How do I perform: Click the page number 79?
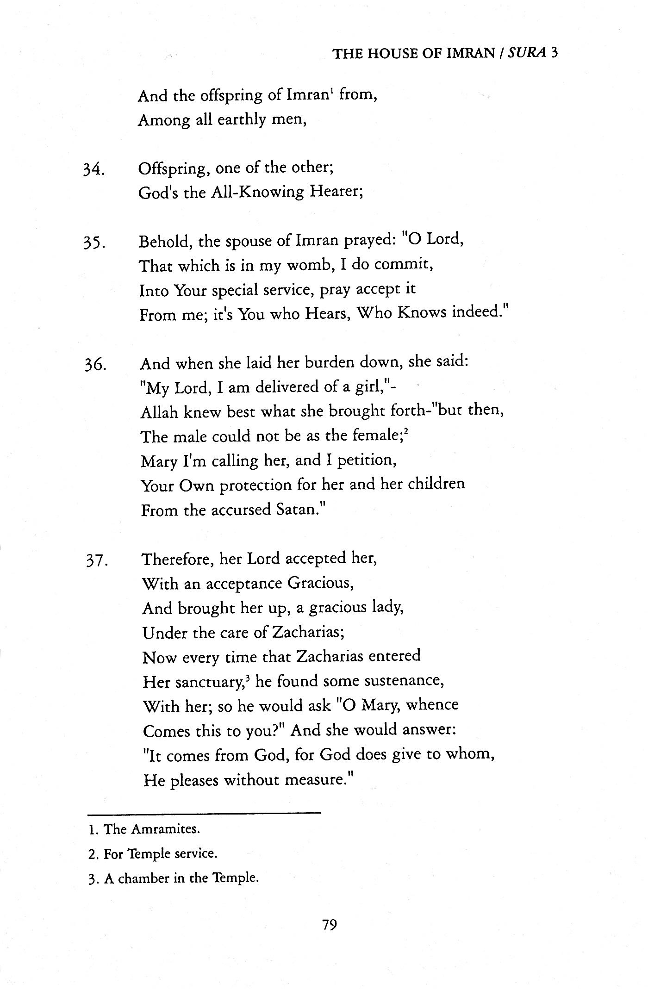(330, 925)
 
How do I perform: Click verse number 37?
(97, 560)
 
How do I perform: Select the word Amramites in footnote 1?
(165, 829)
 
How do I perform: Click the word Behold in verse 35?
(165, 241)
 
